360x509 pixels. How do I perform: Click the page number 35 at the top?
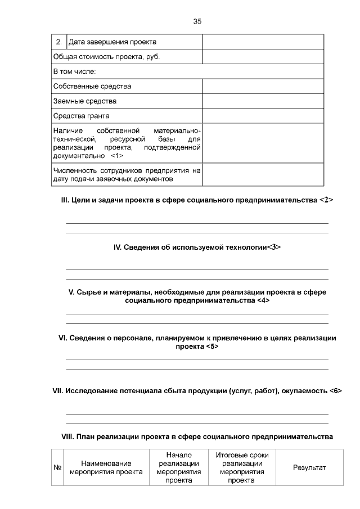[197, 21]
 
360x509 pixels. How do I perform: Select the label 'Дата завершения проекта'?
[112, 42]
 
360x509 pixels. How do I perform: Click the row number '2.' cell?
[59, 42]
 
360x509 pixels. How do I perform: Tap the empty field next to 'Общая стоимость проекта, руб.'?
[263, 57]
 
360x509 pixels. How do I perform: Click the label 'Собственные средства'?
[92, 86]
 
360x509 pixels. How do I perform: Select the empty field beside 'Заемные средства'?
[263, 101]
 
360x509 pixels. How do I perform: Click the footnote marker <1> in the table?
[117, 155]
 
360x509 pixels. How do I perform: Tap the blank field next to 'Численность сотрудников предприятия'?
[263, 174]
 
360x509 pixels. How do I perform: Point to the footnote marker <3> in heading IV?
[273, 246]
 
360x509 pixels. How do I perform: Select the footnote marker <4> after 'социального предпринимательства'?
[263, 300]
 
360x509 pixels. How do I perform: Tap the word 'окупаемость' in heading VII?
[306, 390]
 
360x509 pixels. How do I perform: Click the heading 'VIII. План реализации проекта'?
[197, 436]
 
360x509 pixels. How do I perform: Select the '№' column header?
[57, 468]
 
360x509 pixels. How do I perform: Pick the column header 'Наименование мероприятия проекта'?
[106, 468]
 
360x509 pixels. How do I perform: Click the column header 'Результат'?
[309, 468]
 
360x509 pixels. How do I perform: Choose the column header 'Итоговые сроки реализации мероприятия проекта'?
[242, 468]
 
